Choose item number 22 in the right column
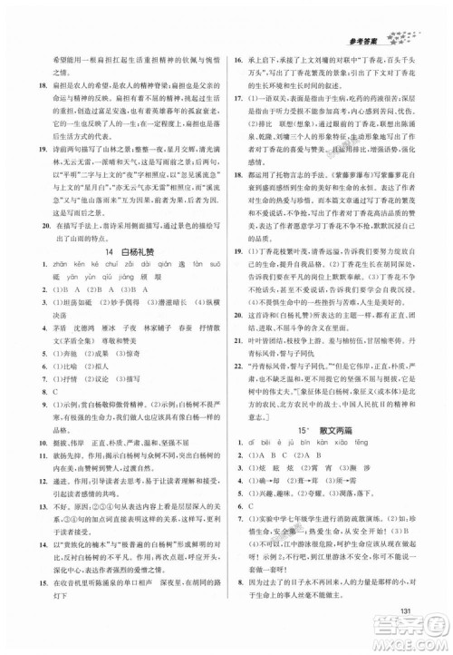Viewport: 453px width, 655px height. point(236,362)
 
